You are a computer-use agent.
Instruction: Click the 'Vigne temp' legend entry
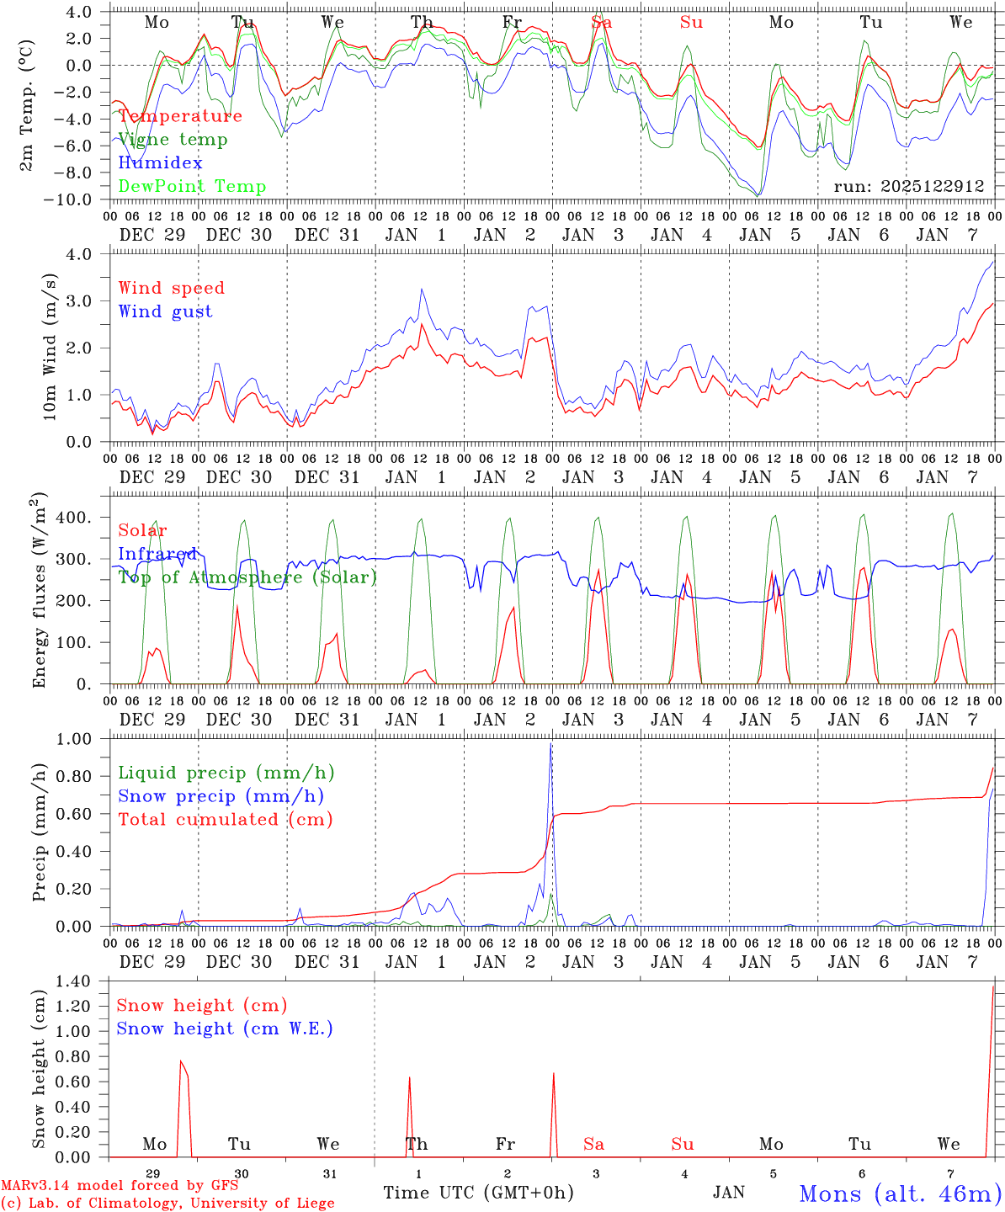tap(173, 140)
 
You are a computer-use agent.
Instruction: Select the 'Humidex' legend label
tap(160, 163)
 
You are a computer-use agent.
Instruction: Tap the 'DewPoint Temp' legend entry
tap(192, 187)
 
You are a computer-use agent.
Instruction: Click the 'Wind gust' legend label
tap(165, 311)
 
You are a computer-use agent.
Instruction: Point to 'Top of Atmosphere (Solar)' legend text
tap(247, 577)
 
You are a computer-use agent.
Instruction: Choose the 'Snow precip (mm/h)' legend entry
tap(221, 796)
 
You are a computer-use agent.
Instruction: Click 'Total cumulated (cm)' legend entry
tap(225, 819)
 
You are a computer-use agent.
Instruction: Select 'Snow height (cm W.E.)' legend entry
tap(225, 1029)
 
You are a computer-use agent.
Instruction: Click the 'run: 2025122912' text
tap(909, 186)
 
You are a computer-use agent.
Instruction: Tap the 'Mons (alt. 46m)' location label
tap(900, 1193)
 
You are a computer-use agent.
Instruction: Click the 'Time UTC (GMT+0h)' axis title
tap(478, 1193)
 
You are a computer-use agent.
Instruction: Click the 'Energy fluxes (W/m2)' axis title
tap(39, 592)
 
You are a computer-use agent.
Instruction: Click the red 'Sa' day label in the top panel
tap(601, 23)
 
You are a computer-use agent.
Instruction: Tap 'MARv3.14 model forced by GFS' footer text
tap(119, 1185)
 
